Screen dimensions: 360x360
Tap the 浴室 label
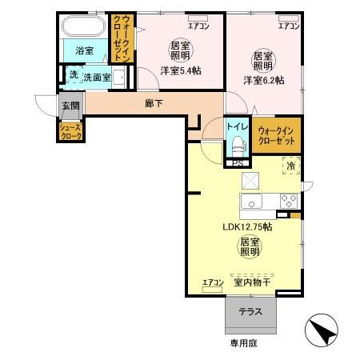(84, 50)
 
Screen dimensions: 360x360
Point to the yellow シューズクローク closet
(69, 131)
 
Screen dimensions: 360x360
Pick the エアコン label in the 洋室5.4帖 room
(198, 26)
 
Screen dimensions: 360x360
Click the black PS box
(236, 163)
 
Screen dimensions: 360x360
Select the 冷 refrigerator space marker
(290, 166)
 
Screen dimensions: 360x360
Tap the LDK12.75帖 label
(247, 226)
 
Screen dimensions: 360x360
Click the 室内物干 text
(251, 282)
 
